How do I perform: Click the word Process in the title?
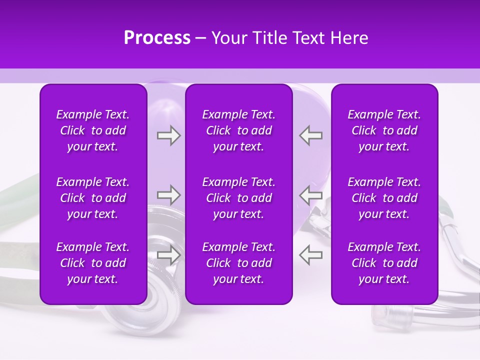[x=157, y=38]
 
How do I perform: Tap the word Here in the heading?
[x=349, y=38]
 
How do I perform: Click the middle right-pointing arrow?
[x=168, y=194]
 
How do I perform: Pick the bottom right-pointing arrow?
[x=168, y=254]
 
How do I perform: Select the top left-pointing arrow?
[x=310, y=135]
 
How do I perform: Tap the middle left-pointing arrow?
[x=310, y=194]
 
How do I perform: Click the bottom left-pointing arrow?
[x=310, y=254]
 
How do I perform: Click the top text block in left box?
[x=93, y=130]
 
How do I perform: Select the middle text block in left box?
[x=93, y=198]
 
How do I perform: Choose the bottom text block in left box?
[x=93, y=263]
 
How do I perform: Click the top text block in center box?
[x=238, y=130]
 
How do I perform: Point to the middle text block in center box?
[x=238, y=198]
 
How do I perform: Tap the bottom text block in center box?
[x=238, y=263]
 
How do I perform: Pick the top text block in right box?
[x=384, y=130]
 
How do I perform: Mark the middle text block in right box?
[x=384, y=198]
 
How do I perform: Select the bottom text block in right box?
[x=384, y=263]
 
